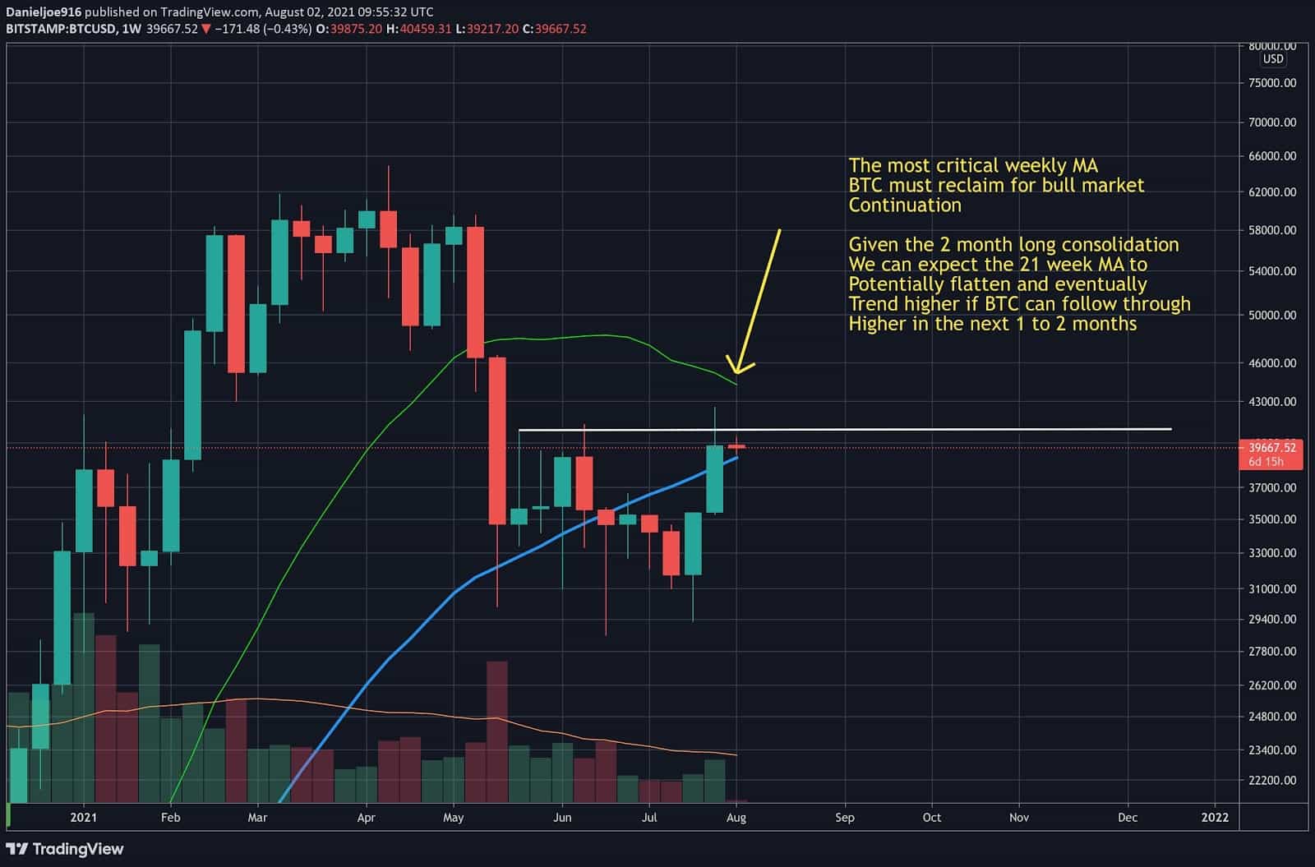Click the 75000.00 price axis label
1271,83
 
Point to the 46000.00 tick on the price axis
1271,363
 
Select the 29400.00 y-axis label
1271,620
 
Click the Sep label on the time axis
844,818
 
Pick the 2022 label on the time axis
1215,818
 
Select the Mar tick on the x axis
257,818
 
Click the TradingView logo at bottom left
65,849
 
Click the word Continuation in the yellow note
905,205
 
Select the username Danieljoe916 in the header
43,12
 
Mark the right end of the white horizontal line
1170,429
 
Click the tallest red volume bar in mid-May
497,731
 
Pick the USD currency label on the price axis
1273,59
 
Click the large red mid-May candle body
497,440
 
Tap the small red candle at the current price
736,446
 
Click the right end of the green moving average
736,384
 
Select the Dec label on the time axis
1128,818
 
